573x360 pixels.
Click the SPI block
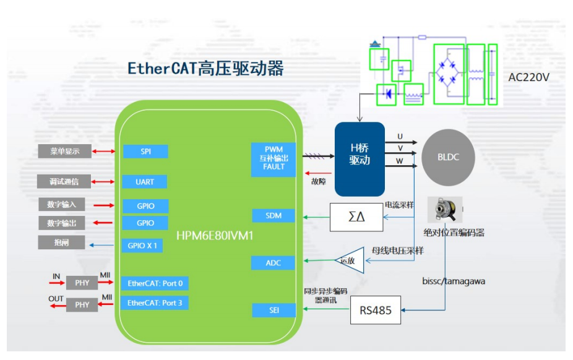pos(145,152)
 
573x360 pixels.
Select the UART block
pos(145,182)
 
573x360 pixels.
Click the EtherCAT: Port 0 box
pos(155,283)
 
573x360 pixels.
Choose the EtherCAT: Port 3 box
pos(155,303)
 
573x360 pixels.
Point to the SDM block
pos(273,216)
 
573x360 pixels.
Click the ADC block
pos(273,263)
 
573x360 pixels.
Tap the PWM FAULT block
pos(274,158)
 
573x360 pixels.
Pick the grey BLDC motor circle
pos(448,157)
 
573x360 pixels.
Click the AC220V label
pos(528,77)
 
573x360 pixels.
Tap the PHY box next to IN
pos(82,283)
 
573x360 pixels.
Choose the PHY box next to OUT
pos(82,305)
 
